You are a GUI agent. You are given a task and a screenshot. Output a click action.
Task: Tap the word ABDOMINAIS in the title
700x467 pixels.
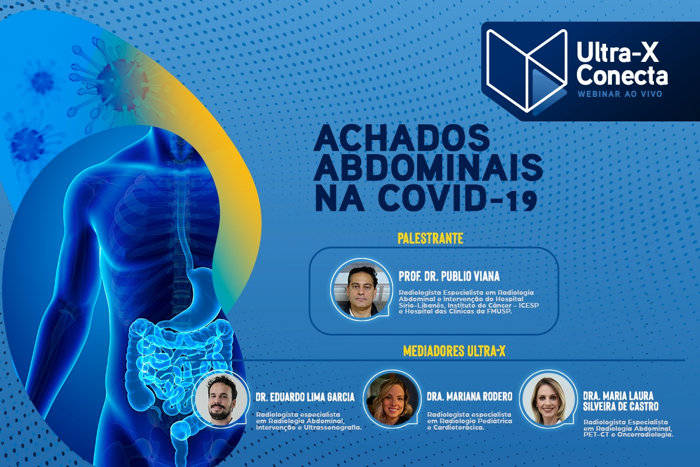pyautogui.click(x=429, y=169)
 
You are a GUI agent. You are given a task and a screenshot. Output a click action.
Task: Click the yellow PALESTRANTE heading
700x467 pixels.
pyautogui.click(x=430, y=238)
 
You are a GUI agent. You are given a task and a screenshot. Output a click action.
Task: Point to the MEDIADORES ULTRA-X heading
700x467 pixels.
pyautogui.click(x=454, y=351)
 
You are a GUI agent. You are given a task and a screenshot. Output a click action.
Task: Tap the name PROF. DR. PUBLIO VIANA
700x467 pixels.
pyautogui.click(x=449, y=276)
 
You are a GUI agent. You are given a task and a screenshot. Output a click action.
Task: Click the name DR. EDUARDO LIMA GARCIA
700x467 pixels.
pyautogui.click(x=305, y=398)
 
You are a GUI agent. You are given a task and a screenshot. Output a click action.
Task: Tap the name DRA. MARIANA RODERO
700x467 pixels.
pyautogui.click(x=470, y=397)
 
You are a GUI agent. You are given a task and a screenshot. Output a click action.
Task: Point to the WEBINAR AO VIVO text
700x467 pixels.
pyautogui.click(x=619, y=93)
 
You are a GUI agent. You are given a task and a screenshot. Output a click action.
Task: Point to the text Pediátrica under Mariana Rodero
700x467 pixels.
pyautogui.click(x=494, y=420)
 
